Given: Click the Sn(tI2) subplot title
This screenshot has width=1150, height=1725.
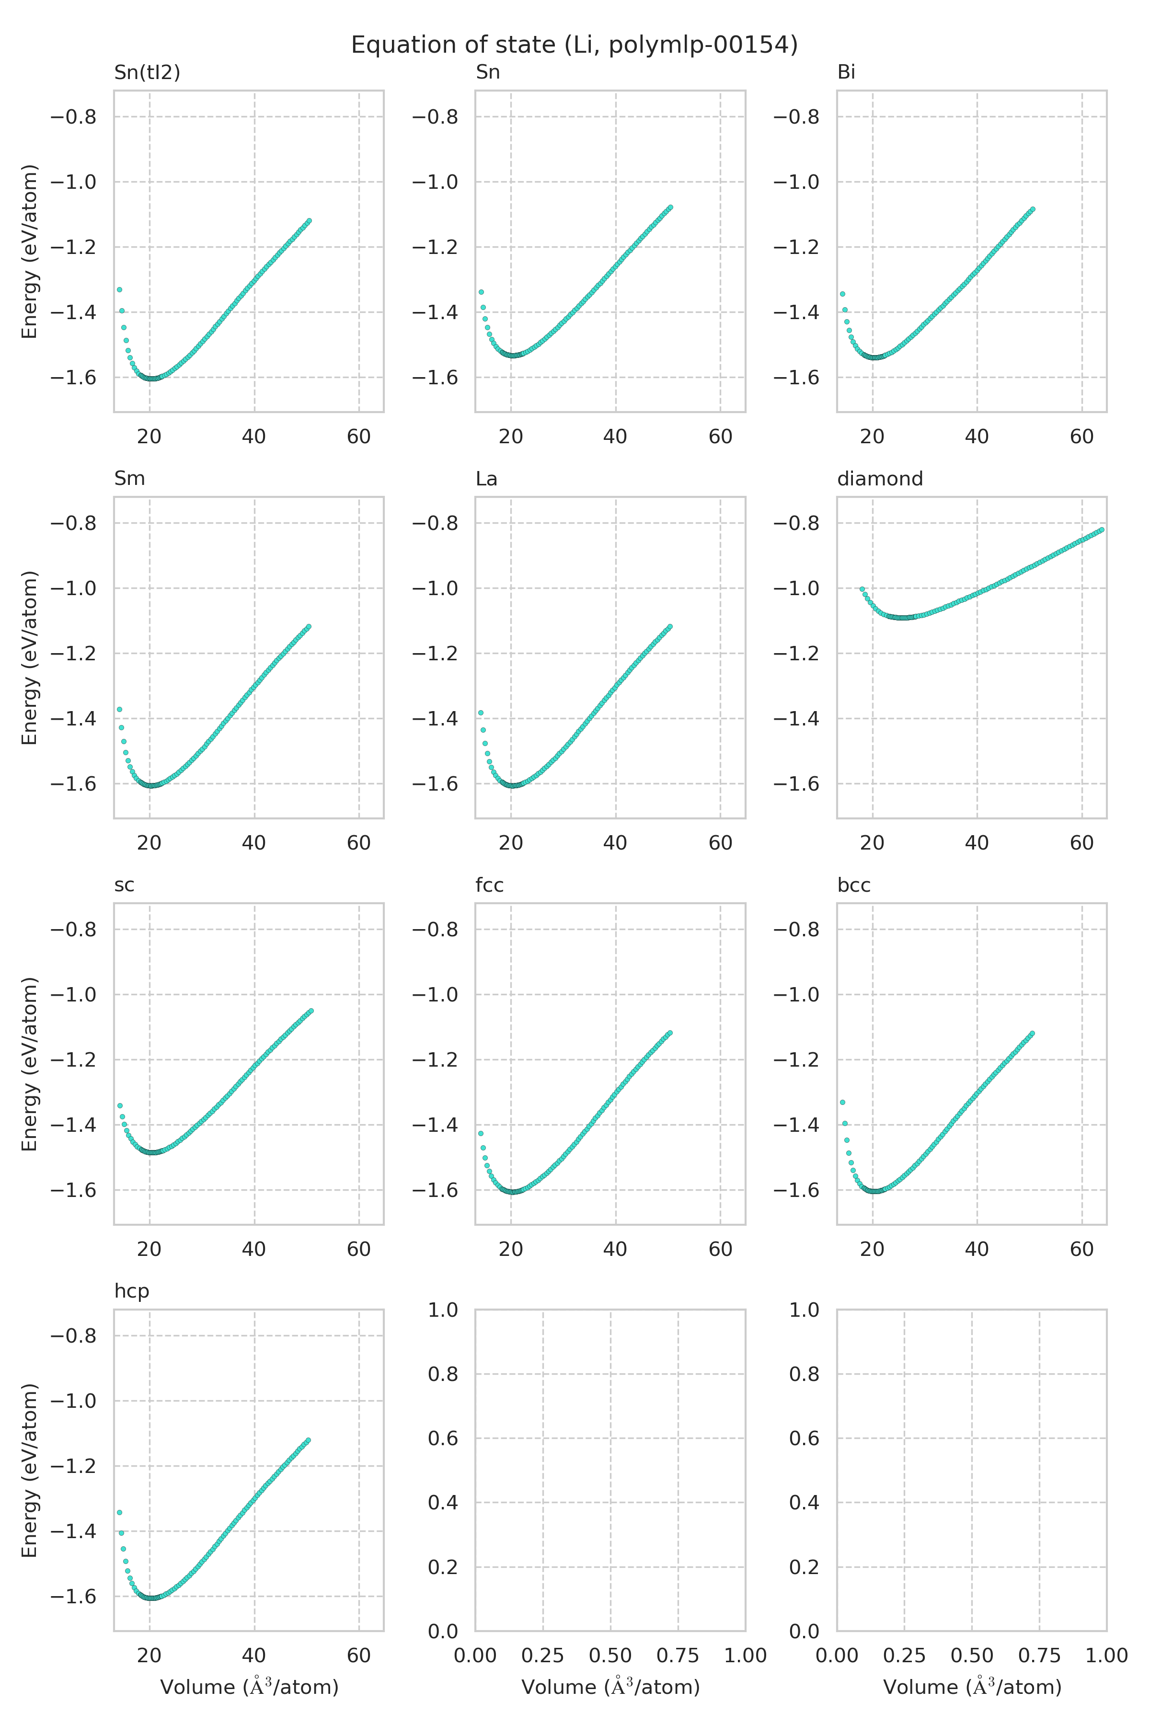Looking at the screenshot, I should (147, 72).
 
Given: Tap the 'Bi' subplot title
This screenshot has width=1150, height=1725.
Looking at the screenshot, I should (846, 72).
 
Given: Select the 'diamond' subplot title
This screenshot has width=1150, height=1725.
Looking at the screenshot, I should (879, 478).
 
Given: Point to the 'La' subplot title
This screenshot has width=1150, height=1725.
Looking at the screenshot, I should (486, 478).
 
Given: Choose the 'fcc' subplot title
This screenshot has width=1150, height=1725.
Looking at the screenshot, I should (489, 885).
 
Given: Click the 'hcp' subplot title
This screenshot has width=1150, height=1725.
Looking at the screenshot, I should (131, 1291).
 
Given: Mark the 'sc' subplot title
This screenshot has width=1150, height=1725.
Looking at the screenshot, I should (124, 885).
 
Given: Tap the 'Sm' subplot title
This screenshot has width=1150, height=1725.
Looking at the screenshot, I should (129, 478).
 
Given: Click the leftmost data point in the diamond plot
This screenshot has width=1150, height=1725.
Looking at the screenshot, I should (862, 589).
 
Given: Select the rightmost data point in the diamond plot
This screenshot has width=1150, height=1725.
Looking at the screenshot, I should (1101, 529).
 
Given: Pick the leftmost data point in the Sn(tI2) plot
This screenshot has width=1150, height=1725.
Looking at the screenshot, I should (119, 290).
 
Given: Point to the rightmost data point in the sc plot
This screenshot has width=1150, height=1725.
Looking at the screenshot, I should (311, 1011).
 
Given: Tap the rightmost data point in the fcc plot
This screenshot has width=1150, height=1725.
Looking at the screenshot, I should (669, 1034).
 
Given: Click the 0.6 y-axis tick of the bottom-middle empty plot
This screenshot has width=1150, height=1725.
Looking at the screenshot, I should (442, 1438).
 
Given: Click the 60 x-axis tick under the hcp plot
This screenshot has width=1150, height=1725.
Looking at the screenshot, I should (358, 1656).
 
